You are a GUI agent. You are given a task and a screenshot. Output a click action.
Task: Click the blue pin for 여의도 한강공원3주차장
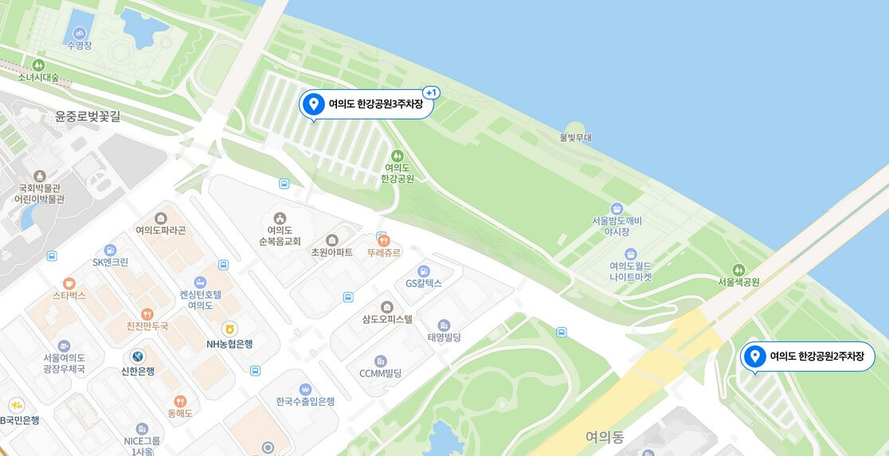click(x=314, y=104)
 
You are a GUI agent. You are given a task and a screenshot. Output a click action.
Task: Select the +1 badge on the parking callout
click(x=431, y=93)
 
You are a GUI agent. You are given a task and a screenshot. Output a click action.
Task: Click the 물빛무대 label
click(x=576, y=138)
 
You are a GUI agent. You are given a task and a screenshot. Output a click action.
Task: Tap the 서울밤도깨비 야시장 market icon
click(x=617, y=208)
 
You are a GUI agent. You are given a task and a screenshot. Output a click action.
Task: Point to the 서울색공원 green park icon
click(x=738, y=270)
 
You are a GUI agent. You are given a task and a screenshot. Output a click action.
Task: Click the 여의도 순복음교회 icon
click(x=280, y=217)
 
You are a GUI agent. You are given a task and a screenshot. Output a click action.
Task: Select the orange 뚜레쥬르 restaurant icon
click(x=384, y=239)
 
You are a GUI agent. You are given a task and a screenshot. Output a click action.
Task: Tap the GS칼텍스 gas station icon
click(x=423, y=271)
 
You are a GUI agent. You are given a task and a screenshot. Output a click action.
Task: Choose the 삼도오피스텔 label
click(x=387, y=320)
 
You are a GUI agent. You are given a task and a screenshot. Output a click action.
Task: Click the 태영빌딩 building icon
click(x=444, y=325)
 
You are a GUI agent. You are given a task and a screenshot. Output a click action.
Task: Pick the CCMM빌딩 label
click(x=380, y=372)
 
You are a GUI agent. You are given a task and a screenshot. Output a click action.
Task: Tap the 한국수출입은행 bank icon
click(x=304, y=389)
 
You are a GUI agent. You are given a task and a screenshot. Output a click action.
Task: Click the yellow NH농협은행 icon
click(x=229, y=329)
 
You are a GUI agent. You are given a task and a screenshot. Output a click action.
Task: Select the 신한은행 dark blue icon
click(x=138, y=356)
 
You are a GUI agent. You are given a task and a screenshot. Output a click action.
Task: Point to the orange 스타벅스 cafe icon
click(x=69, y=283)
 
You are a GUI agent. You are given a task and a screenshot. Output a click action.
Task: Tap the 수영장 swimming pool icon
click(x=80, y=33)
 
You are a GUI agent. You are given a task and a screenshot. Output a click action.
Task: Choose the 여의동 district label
click(x=605, y=436)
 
